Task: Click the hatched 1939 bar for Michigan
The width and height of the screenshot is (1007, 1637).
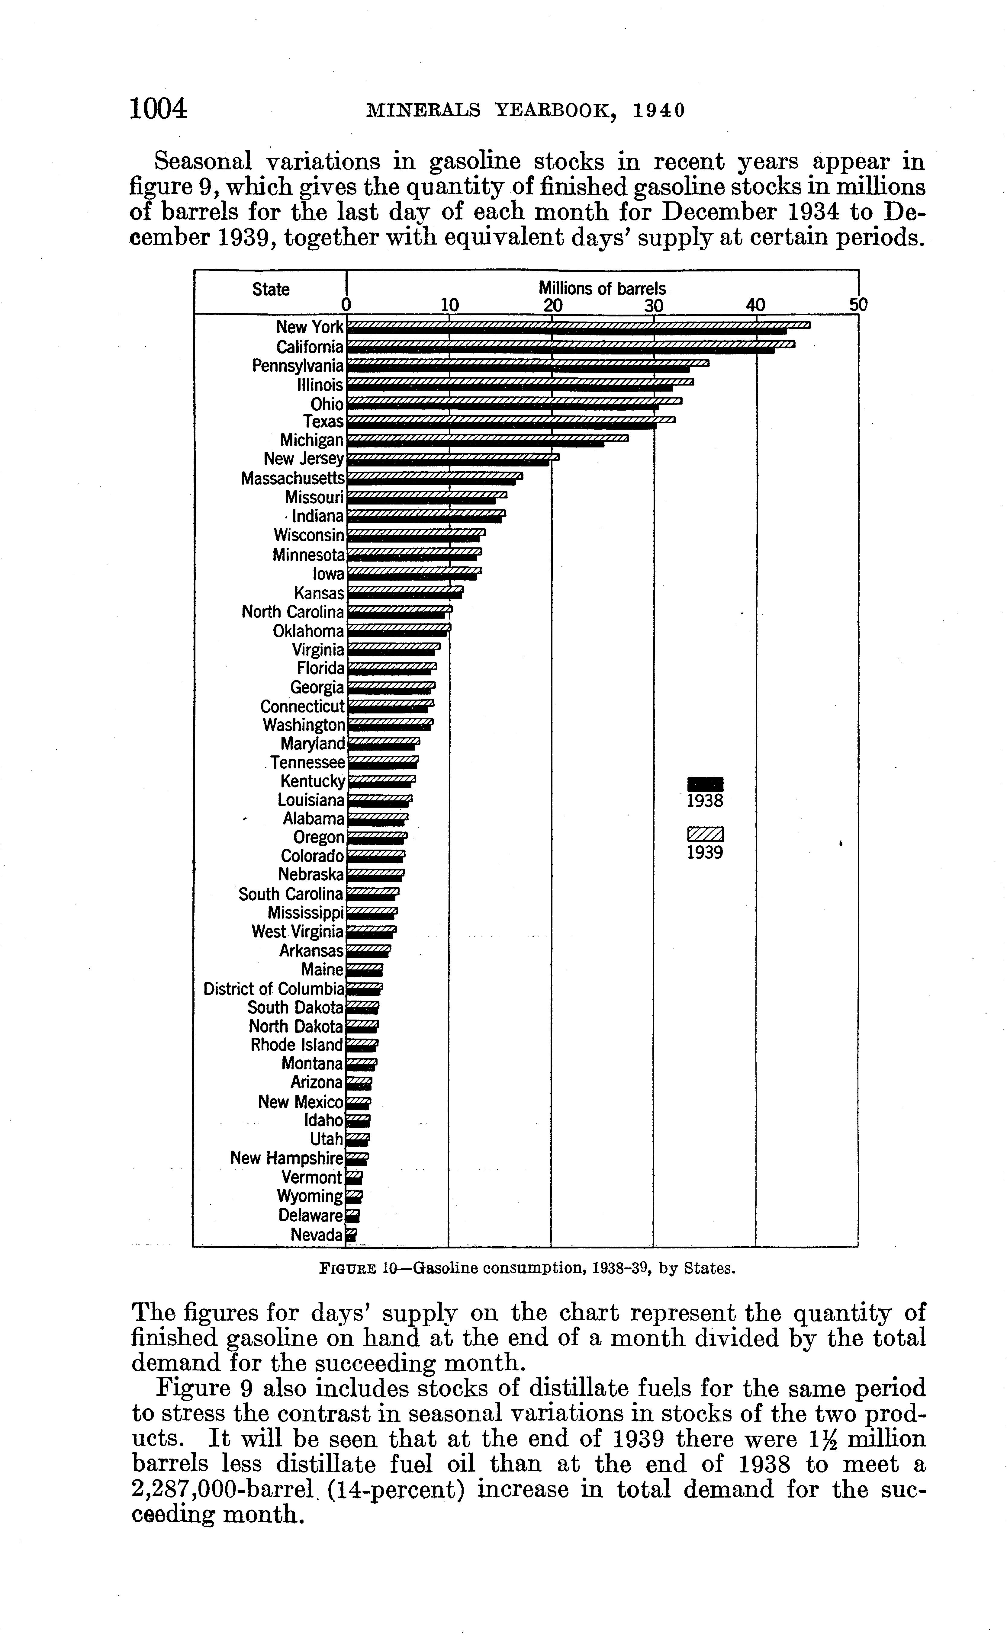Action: (488, 437)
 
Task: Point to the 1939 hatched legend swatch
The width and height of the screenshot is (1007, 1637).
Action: (705, 834)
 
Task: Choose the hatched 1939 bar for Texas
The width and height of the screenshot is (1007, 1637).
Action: (511, 419)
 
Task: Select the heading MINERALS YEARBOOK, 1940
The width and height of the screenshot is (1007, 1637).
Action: (526, 110)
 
